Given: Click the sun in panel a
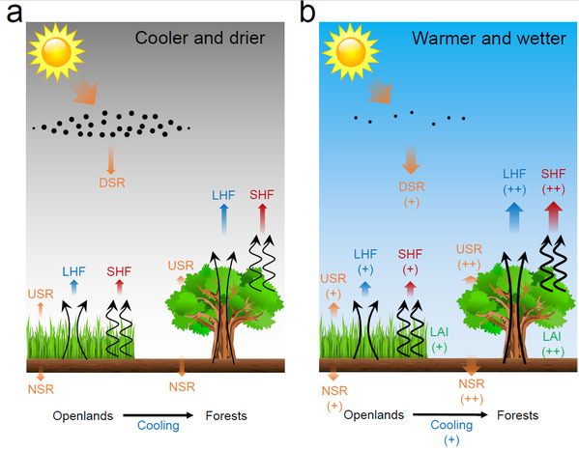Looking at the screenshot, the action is tap(56, 52).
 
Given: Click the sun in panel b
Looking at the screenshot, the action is tap(351, 52).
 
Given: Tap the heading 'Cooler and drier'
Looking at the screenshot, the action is tap(200, 38).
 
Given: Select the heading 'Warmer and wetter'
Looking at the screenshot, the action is tap(489, 39).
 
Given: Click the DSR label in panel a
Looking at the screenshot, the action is tap(112, 183).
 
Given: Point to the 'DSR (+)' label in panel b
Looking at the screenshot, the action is tap(412, 194).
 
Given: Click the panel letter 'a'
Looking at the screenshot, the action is tap(14, 14).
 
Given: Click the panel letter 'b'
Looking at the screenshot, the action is tap(307, 12).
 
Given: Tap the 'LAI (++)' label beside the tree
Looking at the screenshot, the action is tap(552, 344).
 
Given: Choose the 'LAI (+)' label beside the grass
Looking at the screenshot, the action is tap(439, 340).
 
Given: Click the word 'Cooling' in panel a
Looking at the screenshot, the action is tap(159, 426).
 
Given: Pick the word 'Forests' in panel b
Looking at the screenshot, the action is tap(518, 415).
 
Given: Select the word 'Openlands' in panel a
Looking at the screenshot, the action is tap(83, 416).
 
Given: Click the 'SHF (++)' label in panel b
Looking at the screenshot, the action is tap(553, 182).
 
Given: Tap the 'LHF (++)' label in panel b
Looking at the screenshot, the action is tap(514, 182).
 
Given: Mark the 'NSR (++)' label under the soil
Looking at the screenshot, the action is tap(472, 391).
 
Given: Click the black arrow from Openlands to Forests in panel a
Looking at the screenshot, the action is tap(159, 415).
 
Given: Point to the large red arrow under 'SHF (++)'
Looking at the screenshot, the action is tap(553, 216).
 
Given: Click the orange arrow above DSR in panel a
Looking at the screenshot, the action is tap(110, 159).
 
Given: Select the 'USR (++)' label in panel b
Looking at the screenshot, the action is tap(469, 257).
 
